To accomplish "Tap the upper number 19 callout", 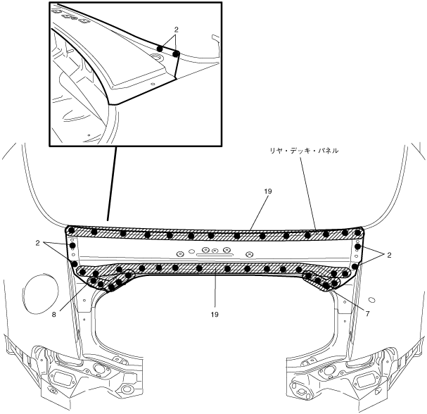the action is (x=268, y=191).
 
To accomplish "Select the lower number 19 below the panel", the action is (x=213, y=314).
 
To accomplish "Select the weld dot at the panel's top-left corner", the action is (x=70, y=230).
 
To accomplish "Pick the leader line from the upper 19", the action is (x=250, y=211).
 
